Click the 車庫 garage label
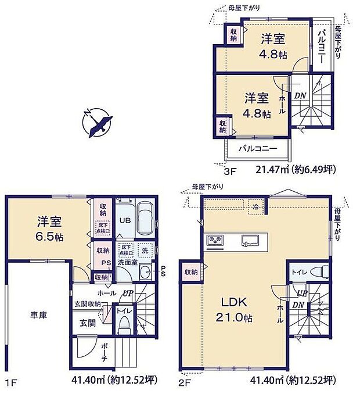tap(39, 315)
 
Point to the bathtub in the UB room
tap(143, 218)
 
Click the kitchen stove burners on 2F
tap(215, 238)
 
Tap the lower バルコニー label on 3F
tap(258, 149)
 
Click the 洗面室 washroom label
tap(127, 263)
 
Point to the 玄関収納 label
tap(87, 303)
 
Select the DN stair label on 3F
tap(299, 96)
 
